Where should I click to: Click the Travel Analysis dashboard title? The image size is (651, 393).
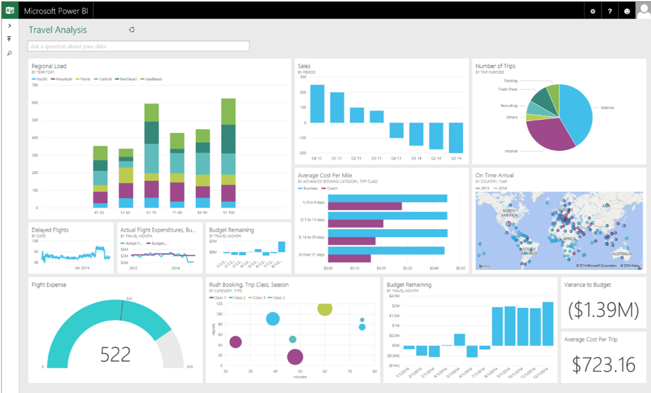(57, 29)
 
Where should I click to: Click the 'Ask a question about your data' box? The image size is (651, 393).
(138, 46)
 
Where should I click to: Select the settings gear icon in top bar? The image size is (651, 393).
(592, 11)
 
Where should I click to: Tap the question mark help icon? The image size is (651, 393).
(610, 11)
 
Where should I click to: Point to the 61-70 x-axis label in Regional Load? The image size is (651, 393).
(152, 212)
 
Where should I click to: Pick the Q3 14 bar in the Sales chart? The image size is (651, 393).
(456, 139)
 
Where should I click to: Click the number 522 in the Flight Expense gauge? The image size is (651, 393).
(115, 354)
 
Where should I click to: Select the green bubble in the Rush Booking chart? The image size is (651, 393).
(325, 308)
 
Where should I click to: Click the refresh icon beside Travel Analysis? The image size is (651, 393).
(132, 29)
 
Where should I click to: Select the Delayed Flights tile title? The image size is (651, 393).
(50, 230)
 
